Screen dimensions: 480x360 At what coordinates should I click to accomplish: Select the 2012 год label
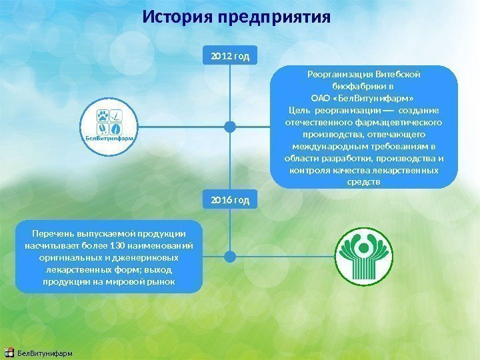click(230, 56)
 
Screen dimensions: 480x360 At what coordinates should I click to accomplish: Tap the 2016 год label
click(230, 199)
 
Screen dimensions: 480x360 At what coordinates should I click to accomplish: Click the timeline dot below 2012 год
click(230, 126)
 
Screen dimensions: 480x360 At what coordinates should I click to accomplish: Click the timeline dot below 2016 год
click(230, 256)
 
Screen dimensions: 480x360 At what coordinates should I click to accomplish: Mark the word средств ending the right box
click(365, 182)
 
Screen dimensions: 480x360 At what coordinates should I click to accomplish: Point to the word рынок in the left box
click(160, 281)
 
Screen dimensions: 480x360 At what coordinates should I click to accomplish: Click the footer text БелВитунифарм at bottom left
click(45, 352)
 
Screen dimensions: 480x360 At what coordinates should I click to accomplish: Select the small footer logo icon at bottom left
click(9, 351)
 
